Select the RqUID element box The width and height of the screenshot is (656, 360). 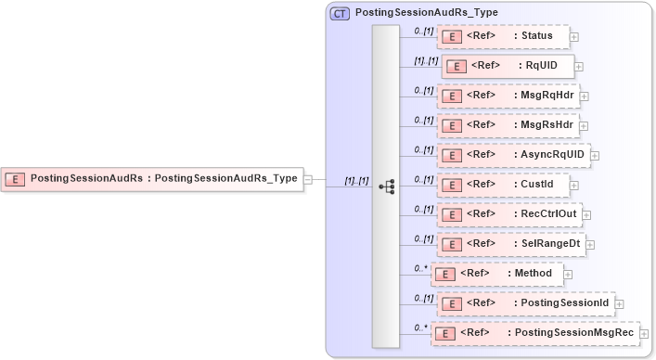(508, 66)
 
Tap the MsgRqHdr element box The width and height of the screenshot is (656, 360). (508, 96)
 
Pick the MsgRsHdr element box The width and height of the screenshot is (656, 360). (508, 125)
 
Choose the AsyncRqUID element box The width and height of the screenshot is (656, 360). (513, 155)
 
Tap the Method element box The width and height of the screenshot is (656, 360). (496, 274)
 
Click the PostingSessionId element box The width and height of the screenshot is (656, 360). (525, 303)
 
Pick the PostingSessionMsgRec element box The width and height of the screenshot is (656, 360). (536, 333)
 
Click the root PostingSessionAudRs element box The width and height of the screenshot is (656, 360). (153, 179)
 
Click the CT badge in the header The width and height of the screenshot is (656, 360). (340, 13)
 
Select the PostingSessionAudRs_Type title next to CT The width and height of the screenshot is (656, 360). (427, 13)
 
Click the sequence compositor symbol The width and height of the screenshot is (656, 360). (386, 186)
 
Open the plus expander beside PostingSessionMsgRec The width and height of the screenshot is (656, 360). (644, 334)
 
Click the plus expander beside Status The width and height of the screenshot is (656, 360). (574, 37)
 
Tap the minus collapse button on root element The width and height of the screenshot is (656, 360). (308, 179)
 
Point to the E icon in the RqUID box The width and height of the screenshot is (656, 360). (457, 66)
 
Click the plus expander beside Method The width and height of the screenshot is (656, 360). (568, 275)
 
